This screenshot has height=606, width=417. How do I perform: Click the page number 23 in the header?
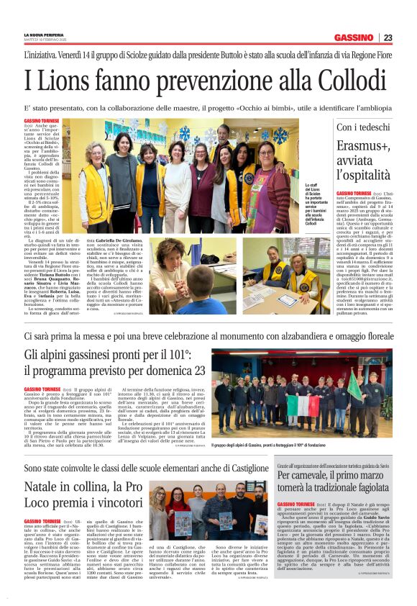[388, 37]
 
